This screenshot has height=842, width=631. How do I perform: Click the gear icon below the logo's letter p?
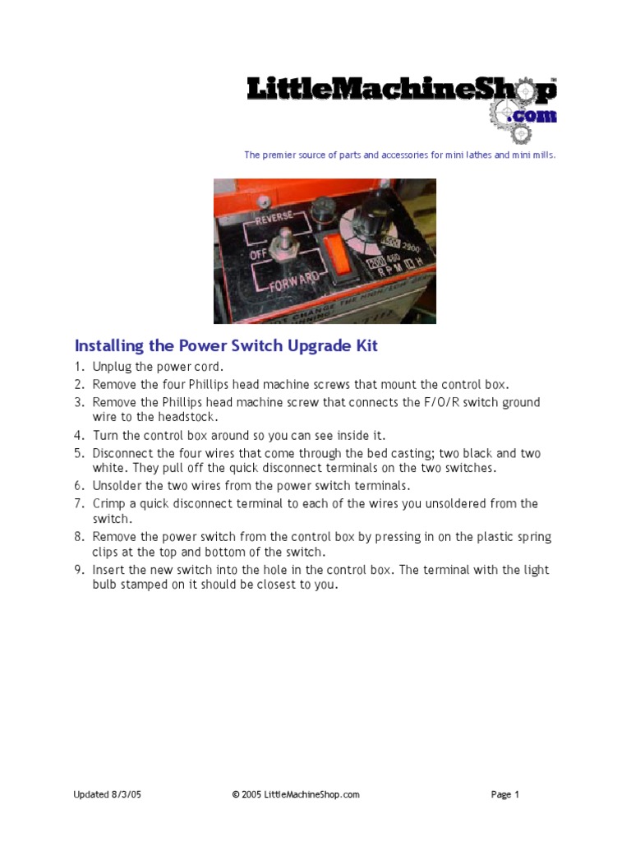pyautogui.click(x=520, y=134)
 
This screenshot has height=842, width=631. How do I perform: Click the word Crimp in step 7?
pyautogui.click(x=108, y=503)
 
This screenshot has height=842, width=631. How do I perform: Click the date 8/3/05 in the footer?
pyautogui.click(x=126, y=794)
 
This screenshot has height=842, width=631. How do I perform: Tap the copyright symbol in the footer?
pyautogui.click(x=236, y=794)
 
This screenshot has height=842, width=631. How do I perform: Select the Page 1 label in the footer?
pyautogui.click(x=505, y=794)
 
